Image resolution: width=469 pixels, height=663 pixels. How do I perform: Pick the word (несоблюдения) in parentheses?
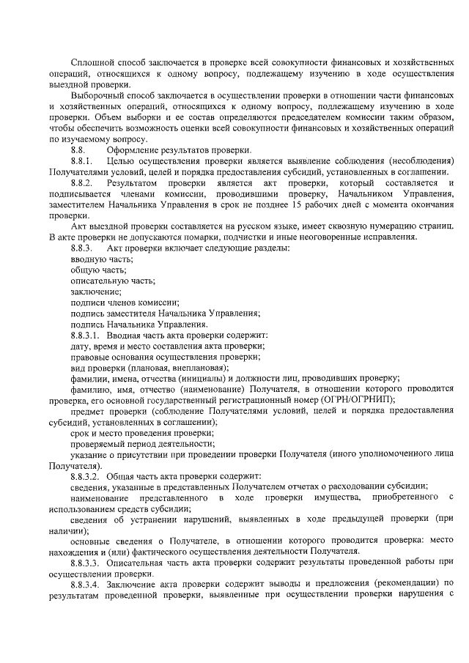pyautogui.click(x=413, y=160)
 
